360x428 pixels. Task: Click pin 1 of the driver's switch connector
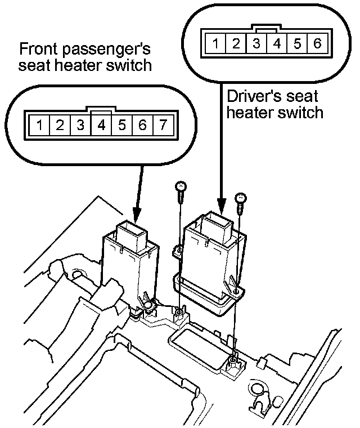pyautogui.click(x=216, y=43)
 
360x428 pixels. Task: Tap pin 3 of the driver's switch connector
pyautogui.click(x=256, y=43)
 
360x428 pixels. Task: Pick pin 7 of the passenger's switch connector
pyautogui.click(x=163, y=125)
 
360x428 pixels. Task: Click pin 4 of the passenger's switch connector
pyautogui.click(x=101, y=125)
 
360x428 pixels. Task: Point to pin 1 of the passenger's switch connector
pyautogui.click(x=39, y=125)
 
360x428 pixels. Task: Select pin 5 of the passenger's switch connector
pyautogui.click(x=122, y=125)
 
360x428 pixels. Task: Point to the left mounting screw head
pyautogui.click(x=181, y=186)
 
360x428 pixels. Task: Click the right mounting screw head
pyautogui.click(x=240, y=197)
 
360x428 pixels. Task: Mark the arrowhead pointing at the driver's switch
pyautogui.click(x=223, y=205)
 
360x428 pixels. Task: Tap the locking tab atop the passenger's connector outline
pyautogui.click(x=101, y=108)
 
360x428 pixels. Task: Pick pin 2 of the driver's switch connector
pyautogui.click(x=236, y=43)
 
